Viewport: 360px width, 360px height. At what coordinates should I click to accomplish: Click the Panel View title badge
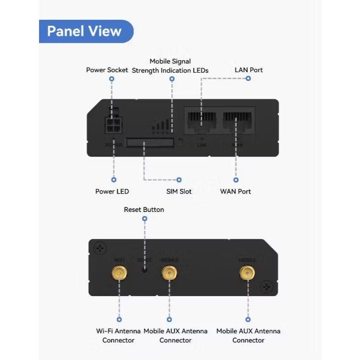pos(85,31)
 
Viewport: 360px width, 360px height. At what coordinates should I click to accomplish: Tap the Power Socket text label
pos(107,70)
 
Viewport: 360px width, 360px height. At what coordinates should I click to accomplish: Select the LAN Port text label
pos(249,70)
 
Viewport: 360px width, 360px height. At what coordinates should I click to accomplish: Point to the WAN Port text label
pos(235,191)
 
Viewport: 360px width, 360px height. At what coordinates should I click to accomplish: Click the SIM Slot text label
pos(179,191)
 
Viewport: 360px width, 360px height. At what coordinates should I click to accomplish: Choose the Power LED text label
pos(112,191)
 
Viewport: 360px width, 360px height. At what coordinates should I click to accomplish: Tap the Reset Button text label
pos(144,210)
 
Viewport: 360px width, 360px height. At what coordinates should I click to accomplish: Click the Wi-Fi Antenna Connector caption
pos(118,336)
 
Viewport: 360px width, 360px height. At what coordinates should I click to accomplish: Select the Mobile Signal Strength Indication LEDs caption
pos(170,66)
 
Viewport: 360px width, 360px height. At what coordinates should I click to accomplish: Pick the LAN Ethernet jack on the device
pos(201,120)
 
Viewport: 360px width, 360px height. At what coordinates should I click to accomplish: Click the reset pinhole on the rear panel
pos(144,270)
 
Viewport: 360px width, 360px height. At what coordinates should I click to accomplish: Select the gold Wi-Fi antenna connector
pos(119,274)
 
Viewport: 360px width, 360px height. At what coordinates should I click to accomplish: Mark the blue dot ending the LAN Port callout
pos(248,79)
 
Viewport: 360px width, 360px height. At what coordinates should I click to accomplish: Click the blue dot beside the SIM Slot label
pos(179,180)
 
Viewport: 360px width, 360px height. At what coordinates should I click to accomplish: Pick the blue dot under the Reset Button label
pos(144,219)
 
